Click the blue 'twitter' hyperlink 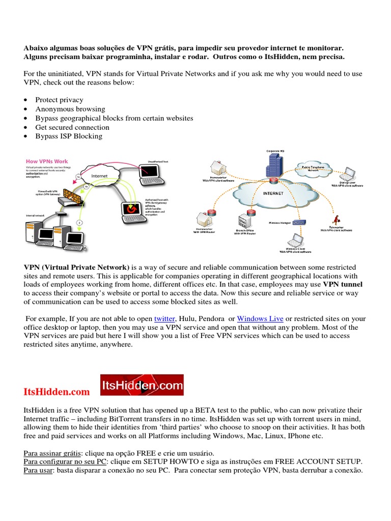[164, 319]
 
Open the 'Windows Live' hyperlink [260, 319]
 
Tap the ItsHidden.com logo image [142, 385]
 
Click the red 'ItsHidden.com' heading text [57, 392]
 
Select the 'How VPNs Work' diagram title [47, 161]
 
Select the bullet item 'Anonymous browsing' [70, 109]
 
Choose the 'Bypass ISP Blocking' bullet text [68, 136]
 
